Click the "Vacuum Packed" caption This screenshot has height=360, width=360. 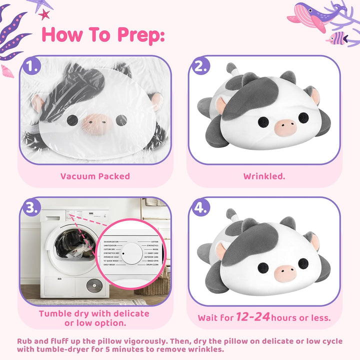point(95,176)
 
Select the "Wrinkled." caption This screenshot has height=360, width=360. point(264,176)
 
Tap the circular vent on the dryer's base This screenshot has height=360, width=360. point(92,286)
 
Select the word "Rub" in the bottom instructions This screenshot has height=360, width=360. point(25,341)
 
